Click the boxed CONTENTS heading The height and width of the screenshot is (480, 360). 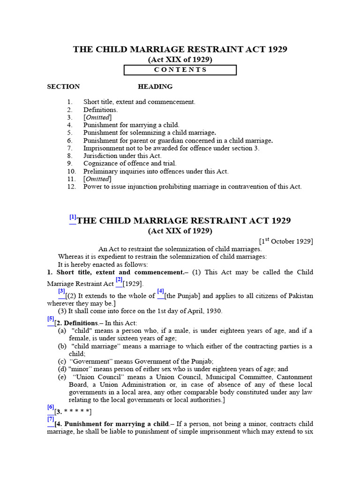click(x=180, y=70)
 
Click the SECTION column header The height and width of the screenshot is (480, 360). click(x=63, y=87)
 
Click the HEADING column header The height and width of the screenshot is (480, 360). click(x=155, y=87)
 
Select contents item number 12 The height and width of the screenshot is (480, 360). click(x=192, y=187)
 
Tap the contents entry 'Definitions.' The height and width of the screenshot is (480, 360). click(x=101, y=110)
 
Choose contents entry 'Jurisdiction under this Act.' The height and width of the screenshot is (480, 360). click(x=122, y=156)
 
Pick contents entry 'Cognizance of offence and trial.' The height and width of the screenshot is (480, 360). click(x=130, y=164)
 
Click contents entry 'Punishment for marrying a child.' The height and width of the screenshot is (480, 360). click(x=131, y=125)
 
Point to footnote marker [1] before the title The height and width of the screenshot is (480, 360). click(x=73, y=217)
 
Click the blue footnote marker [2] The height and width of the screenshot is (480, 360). click(x=119, y=280)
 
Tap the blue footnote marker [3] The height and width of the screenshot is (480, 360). click(x=61, y=292)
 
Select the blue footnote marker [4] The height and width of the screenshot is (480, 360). click(x=160, y=292)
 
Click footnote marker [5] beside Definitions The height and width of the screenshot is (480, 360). click(x=51, y=320)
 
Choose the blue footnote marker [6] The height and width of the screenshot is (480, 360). click(x=51, y=408)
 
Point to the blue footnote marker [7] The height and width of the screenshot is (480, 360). click(x=51, y=420)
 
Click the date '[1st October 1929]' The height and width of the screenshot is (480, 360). click(x=286, y=241)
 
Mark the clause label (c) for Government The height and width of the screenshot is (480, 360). click(x=62, y=361)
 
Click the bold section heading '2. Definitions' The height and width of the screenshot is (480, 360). click(x=77, y=323)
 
